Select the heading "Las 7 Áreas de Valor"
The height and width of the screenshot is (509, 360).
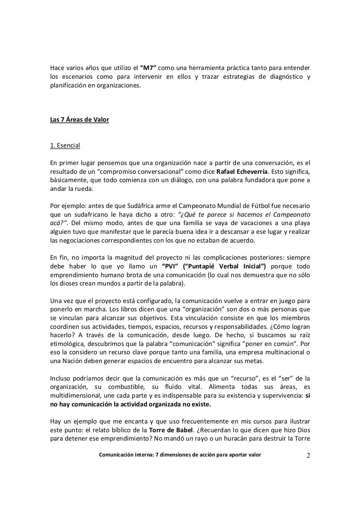[x=79, y=120]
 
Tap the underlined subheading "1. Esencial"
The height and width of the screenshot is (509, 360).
[x=65, y=146]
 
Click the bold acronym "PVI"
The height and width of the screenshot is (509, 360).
[x=170, y=266]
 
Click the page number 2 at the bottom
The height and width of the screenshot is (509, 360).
[x=308, y=456]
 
